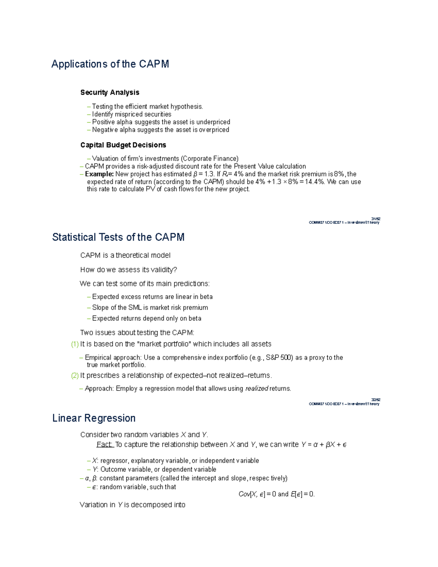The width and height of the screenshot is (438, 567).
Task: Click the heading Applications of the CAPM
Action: [x=110, y=64]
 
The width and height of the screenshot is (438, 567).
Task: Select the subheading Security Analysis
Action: [x=109, y=93]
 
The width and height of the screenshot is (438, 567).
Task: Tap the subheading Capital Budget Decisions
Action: [x=123, y=145]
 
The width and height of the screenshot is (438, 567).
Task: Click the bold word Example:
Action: [x=99, y=174]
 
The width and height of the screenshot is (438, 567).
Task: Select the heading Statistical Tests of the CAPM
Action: [x=118, y=237]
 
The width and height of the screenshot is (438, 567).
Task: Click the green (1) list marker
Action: [x=75, y=344]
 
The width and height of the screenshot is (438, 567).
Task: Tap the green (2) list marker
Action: [x=75, y=376]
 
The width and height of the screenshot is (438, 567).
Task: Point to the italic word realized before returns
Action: [x=257, y=389]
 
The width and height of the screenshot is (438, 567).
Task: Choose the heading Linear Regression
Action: [x=94, y=418]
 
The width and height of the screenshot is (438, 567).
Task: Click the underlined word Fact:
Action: [x=105, y=445]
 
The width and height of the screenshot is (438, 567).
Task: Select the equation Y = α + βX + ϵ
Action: [x=324, y=445]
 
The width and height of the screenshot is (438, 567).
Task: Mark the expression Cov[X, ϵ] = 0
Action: [x=257, y=494]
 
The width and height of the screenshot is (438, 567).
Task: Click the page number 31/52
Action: [x=376, y=219]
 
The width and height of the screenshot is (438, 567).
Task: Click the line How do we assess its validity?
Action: [x=128, y=270]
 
